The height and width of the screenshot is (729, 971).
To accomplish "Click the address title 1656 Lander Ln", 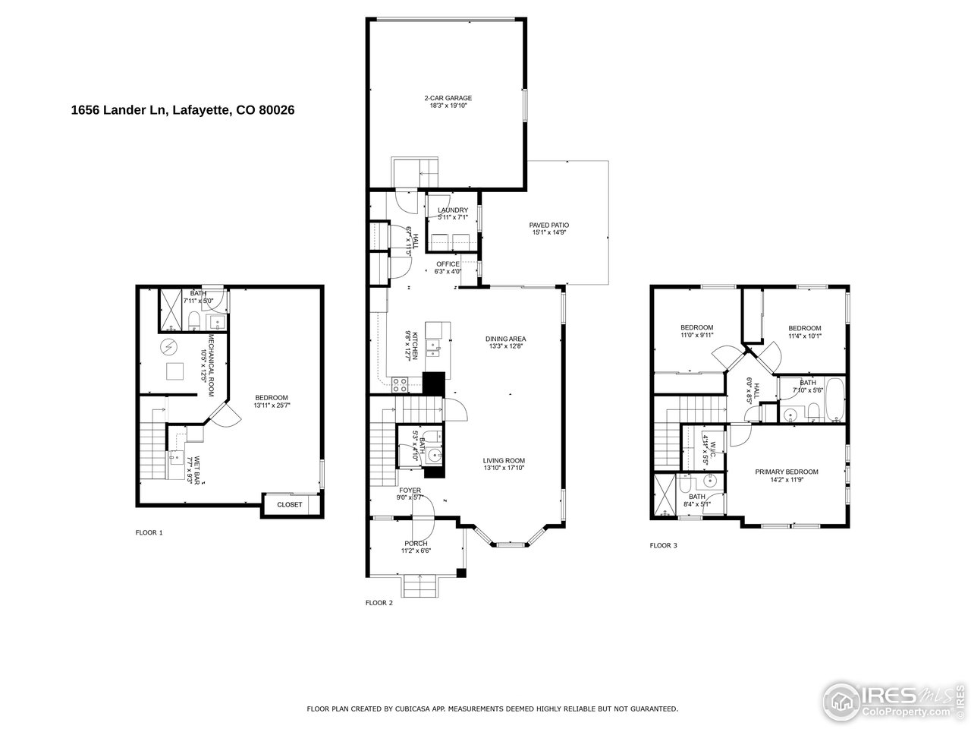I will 182,110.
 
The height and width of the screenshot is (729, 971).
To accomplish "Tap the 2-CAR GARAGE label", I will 448,98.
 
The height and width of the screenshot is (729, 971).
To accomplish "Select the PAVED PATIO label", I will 548,225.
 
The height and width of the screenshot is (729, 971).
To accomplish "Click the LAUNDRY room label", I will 452,210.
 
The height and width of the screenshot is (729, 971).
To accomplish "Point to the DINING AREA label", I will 506,339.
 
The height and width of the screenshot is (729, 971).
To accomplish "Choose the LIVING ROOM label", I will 504,460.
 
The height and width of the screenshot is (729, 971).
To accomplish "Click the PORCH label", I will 416,544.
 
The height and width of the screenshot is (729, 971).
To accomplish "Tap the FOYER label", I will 410,491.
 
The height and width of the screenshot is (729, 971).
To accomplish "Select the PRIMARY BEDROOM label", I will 786,472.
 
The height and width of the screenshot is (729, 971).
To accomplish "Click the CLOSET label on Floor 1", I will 289,504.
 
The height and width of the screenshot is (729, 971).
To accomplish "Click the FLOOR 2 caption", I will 379,603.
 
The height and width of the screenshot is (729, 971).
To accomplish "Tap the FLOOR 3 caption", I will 664,545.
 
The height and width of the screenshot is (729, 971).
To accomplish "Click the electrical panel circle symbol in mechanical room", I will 168,348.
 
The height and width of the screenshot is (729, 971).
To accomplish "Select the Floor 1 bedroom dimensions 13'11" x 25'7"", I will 271,406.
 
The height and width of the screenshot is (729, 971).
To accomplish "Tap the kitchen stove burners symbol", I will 400,384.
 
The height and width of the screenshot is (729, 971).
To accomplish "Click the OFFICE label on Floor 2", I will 448,264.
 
